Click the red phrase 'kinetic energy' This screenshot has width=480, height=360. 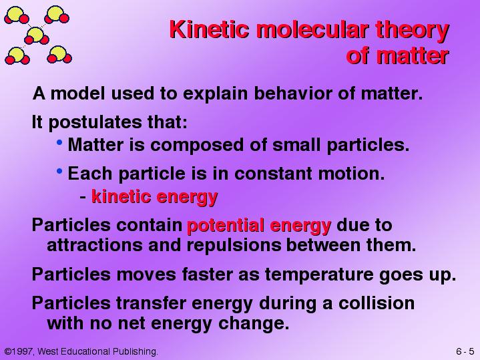(155, 197)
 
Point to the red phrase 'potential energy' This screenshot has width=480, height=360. (259, 226)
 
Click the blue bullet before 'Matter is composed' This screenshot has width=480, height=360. (59, 142)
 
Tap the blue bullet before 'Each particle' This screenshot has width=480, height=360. (59, 171)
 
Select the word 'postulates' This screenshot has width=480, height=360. (95, 123)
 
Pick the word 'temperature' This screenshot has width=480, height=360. (318, 275)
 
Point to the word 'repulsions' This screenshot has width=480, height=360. (234, 245)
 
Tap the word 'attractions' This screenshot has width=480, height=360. (95, 245)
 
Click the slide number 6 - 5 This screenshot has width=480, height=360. (465, 351)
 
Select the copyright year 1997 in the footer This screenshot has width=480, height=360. (21, 351)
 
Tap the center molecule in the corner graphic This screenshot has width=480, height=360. (37, 35)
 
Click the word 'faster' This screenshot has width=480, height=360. (207, 275)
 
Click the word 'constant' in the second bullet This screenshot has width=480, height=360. (273, 174)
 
